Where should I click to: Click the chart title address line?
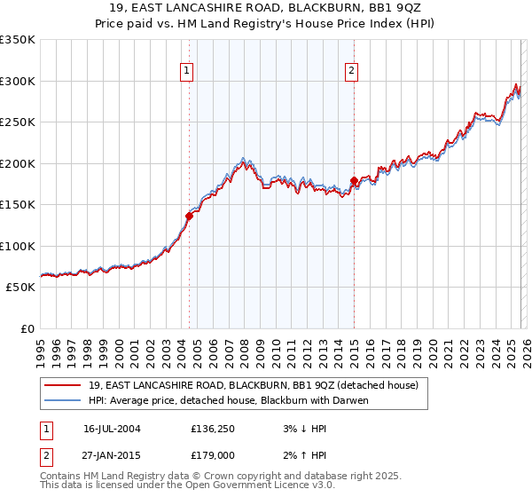pyautogui.click(x=266, y=8)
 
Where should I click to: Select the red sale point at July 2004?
pyautogui.click(x=189, y=216)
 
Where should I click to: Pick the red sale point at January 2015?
pyautogui.click(x=354, y=181)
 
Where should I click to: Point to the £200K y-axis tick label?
pyautogui.click(x=18, y=163)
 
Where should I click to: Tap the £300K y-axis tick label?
pyautogui.click(x=18, y=81)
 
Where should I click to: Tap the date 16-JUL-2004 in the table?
pyautogui.click(x=112, y=429)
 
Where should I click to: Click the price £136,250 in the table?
pyautogui.click(x=213, y=429)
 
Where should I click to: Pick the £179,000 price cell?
pyautogui.click(x=213, y=457)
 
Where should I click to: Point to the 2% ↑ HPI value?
pyautogui.click(x=296, y=457)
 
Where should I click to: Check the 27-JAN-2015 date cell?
pyautogui.click(x=112, y=457)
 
